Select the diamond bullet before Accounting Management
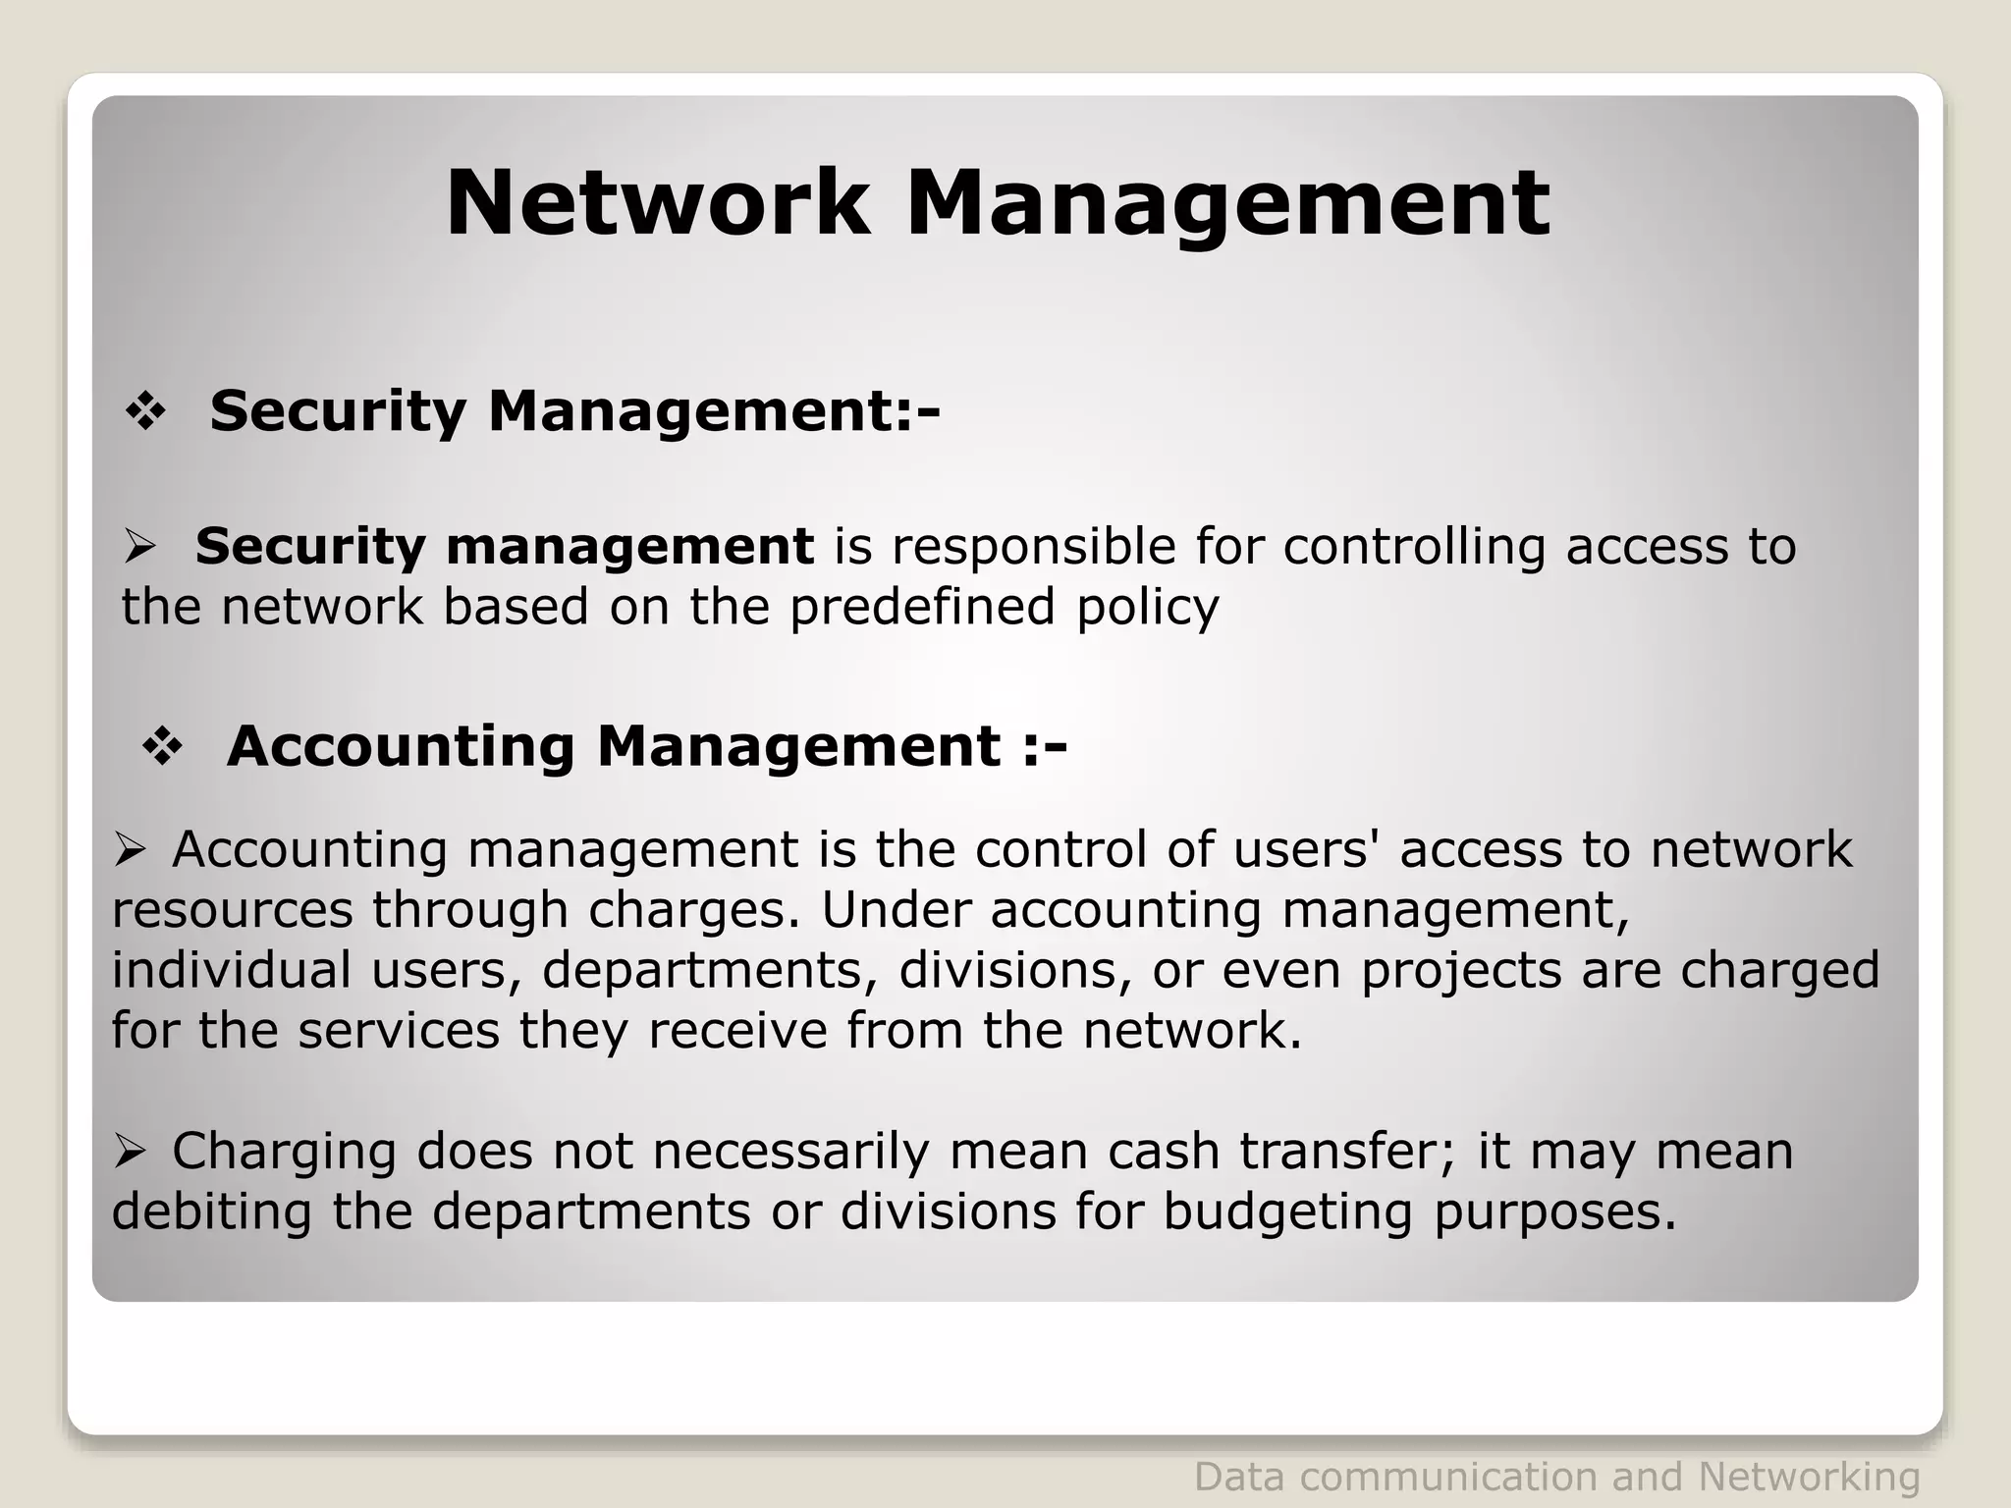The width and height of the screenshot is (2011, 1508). coord(163,748)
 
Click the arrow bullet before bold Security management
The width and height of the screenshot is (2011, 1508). coord(140,547)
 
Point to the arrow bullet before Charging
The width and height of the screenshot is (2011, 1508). coord(130,1151)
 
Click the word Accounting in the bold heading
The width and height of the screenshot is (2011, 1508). coord(401,748)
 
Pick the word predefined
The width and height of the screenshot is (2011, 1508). coord(922,608)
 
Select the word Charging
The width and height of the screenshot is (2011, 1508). coord(284,1154)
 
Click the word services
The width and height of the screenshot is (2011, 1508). coord(399,1031)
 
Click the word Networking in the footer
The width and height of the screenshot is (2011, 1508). coord(1809,1477)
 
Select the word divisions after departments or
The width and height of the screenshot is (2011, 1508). coord(948,1212)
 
